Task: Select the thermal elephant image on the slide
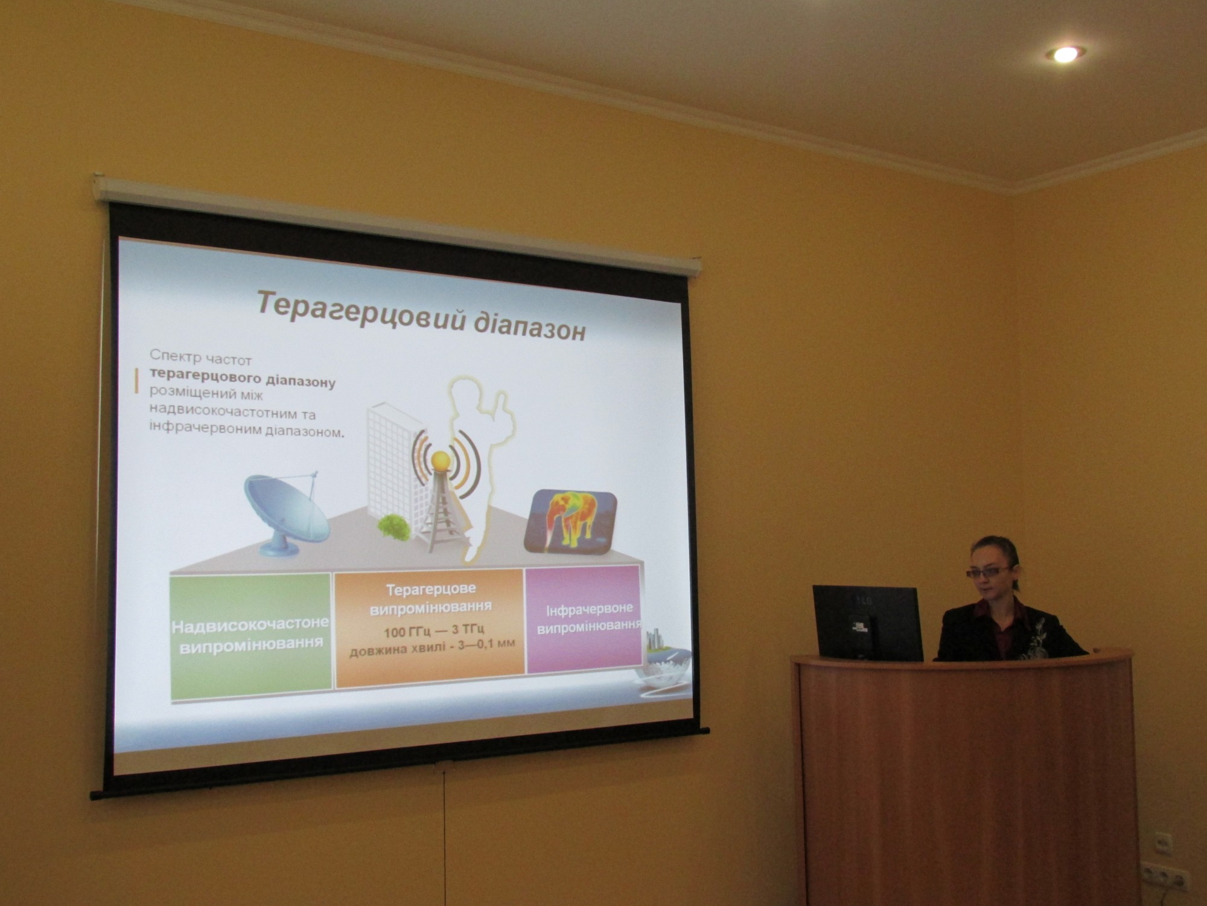[x=570, y=521]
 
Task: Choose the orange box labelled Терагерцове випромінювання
[x=429, y=628]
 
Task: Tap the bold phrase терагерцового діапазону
[x=243, y=379]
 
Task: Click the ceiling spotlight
[x=1065, y=54]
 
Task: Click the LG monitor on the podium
[x=867, y=622]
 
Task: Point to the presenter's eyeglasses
[x=987, y=571]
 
